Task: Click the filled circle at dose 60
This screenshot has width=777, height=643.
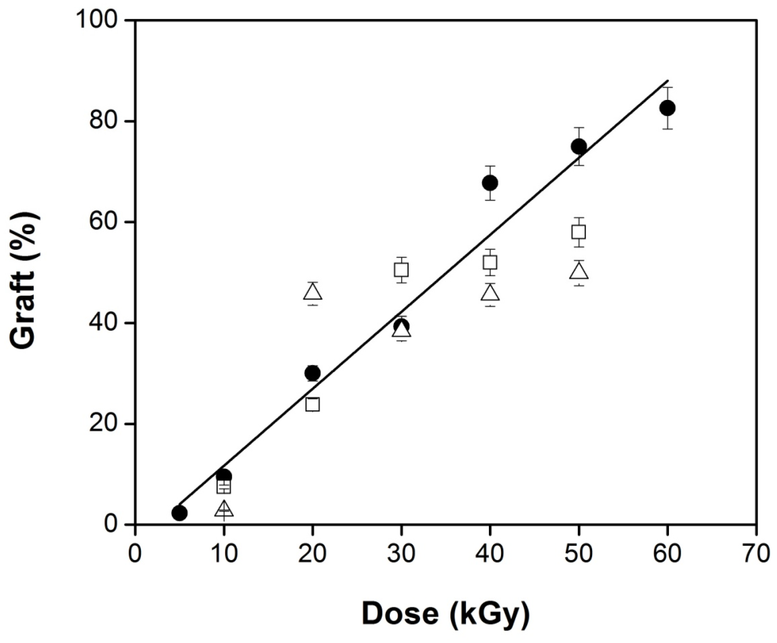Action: (667, 108)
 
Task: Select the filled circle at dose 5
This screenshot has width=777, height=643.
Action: (179, 513)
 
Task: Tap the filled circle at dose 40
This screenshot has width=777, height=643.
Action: (490, 183)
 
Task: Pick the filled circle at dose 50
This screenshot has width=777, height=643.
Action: (579, 146)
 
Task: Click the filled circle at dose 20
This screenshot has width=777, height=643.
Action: (312, 373)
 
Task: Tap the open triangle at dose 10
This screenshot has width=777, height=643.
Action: (224, 509)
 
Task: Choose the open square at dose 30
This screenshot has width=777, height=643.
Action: (401, 270)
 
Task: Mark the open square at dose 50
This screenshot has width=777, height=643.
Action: (579, 232)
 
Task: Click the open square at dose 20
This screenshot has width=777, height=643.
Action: (312, 404)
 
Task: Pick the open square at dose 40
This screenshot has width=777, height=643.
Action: (490, 263)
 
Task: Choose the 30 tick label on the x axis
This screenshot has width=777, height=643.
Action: (401, 553)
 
